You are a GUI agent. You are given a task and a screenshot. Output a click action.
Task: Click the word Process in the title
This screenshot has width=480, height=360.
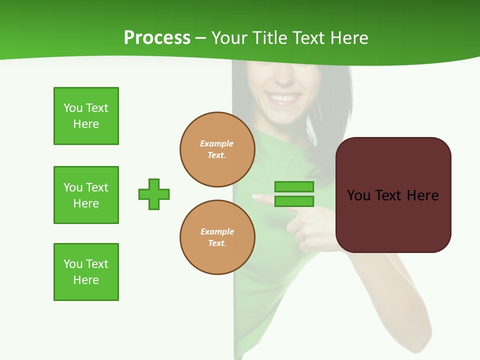pos(157,38)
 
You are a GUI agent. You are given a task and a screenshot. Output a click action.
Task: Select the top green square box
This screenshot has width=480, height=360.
pos(86,116)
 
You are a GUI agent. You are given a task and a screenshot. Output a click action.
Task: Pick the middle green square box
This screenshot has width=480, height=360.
pos(86,195)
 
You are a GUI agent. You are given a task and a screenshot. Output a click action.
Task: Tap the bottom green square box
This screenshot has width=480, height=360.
pos(86,272)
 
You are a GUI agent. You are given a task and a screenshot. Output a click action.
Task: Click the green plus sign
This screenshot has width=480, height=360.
pos(154,194)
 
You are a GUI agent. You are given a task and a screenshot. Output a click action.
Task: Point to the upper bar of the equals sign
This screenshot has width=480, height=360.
pos(294,186)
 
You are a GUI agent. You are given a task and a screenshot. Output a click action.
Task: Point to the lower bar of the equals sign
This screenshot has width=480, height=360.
pos(294,201)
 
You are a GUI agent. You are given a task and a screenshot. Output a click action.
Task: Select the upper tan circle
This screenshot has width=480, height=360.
pos(217,149)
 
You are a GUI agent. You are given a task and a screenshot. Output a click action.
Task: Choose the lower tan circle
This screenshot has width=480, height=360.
pos(217,237)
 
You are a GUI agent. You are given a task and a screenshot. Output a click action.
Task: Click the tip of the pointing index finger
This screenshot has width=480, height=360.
pos(255,197)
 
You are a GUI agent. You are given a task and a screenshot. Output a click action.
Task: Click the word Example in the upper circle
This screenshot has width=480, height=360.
pos(216,143)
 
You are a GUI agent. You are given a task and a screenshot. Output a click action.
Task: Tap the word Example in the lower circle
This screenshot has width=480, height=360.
pos(217,231)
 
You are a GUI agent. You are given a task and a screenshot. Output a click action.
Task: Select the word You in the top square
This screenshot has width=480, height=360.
pos(72,108)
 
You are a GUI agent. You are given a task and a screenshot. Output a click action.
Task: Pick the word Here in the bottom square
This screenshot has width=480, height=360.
pos(86,280)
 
